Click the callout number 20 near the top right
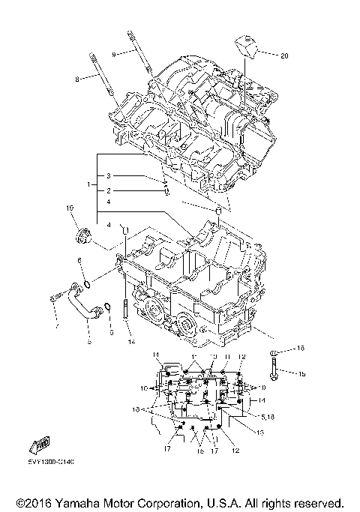click(x=284, y=55)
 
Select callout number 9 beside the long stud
click(x=114, y=54)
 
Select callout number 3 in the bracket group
click(x=108, y=175)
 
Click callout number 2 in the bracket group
click(x=108, y=190)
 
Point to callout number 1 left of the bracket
click(x=88, y=184)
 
